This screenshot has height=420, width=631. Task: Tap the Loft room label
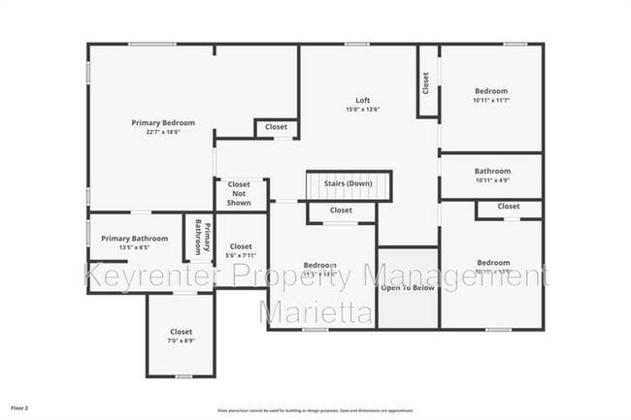pos(363,100)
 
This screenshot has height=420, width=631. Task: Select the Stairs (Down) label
pos(348,183)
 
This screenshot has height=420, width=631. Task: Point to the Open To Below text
pos(407,288)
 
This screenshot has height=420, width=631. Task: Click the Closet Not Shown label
pos(239,193)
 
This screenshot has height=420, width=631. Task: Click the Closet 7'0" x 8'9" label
pos(182,336)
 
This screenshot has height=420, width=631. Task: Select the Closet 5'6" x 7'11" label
pos(241,251)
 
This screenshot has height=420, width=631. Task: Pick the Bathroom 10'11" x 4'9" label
pos(492,176)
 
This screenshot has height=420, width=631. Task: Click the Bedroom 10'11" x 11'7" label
pos(490,95)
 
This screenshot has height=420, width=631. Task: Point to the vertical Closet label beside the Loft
pos(426,83)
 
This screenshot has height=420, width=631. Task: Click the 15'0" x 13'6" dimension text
pos(363,110)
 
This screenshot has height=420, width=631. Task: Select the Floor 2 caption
pos(20,408)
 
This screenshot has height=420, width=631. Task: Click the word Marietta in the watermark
pos(315,312)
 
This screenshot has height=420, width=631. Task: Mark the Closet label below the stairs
pos(341,210)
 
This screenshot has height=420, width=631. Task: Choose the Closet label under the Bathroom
pos(508,206)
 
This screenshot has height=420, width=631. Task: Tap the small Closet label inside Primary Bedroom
pos(277,127)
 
